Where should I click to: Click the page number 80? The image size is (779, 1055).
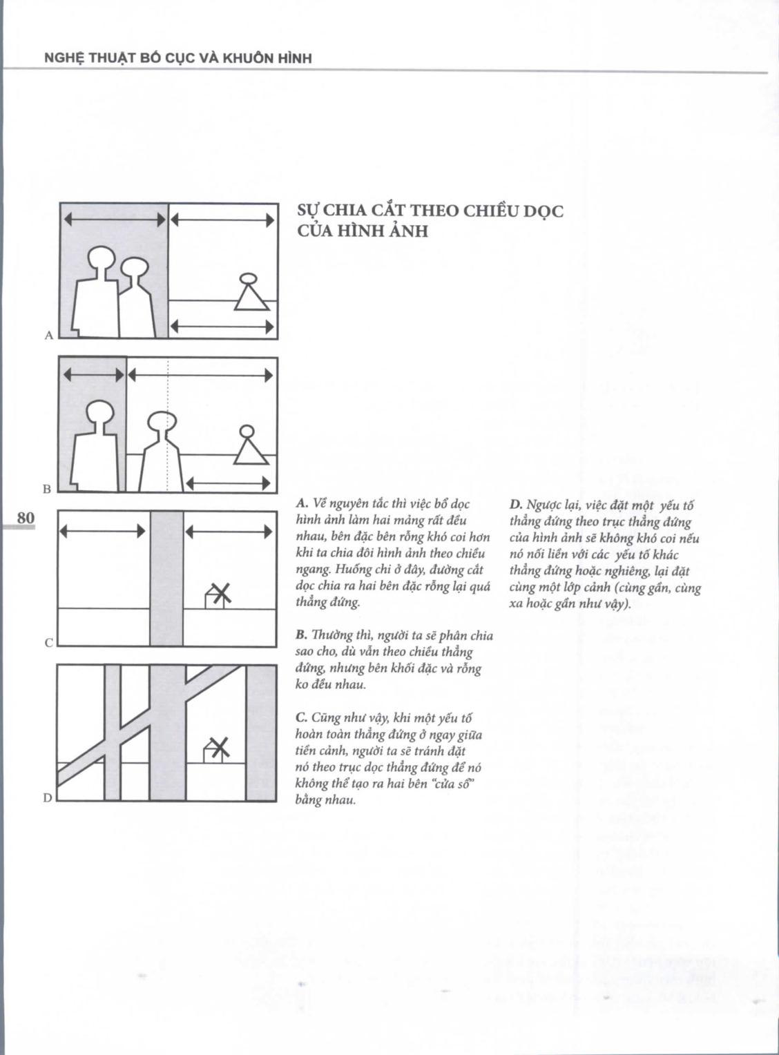(x=25, y=517)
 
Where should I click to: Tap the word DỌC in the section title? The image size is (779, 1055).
(x=544, y=211)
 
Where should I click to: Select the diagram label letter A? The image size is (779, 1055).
(x=48, y=336)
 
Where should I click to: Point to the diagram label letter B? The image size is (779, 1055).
(x=47, y=489)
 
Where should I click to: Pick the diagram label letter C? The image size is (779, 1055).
(x=48, y=643)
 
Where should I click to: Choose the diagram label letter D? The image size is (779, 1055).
(x=48, y=797)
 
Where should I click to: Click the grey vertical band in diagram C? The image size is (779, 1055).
(x=166, y=578)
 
